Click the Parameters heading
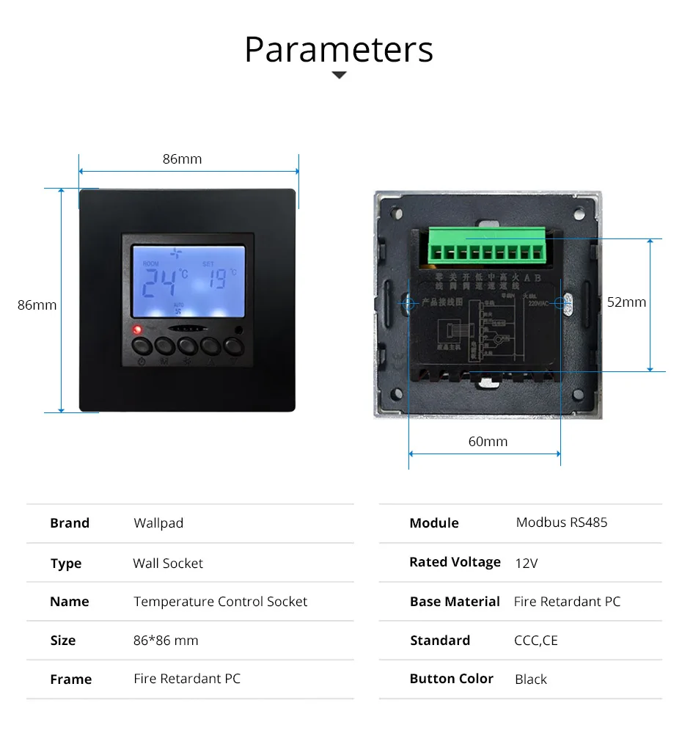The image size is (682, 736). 339,49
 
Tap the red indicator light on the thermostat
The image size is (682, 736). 136,329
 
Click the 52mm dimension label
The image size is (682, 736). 626,302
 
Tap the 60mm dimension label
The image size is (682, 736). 488,441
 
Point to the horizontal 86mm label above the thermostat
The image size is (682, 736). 182,159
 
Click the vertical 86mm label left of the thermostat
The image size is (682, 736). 37,305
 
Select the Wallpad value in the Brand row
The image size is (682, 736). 158,523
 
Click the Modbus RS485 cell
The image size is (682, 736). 562,522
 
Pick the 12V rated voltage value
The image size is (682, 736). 527,564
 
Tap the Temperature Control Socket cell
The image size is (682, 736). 220,602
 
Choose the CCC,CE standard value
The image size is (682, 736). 536,641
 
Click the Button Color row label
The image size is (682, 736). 451,679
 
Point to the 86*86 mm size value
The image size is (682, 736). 166,641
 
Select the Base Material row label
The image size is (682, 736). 455,602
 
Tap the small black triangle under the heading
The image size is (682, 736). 339,75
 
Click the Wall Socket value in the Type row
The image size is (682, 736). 168,564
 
